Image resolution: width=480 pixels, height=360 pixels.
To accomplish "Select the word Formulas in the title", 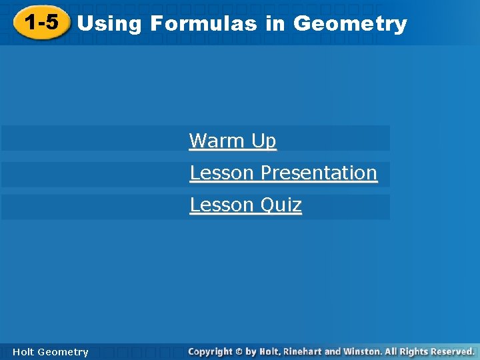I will [x=204, y=24].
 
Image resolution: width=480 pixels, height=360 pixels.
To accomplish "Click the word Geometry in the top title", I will [x=350, y=24].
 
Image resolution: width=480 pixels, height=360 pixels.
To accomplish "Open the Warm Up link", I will [x=232, y=141].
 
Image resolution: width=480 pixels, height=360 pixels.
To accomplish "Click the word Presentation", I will [x=319, y=173].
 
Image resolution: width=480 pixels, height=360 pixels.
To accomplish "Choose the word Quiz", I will [x=281, y=205].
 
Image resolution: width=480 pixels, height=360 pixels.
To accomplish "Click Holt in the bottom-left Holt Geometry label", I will [x=23, y=352].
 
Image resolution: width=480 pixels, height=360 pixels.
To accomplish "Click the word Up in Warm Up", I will [x=263, y=141].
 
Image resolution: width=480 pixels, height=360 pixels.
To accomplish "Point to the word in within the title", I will [x=275, y=24].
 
